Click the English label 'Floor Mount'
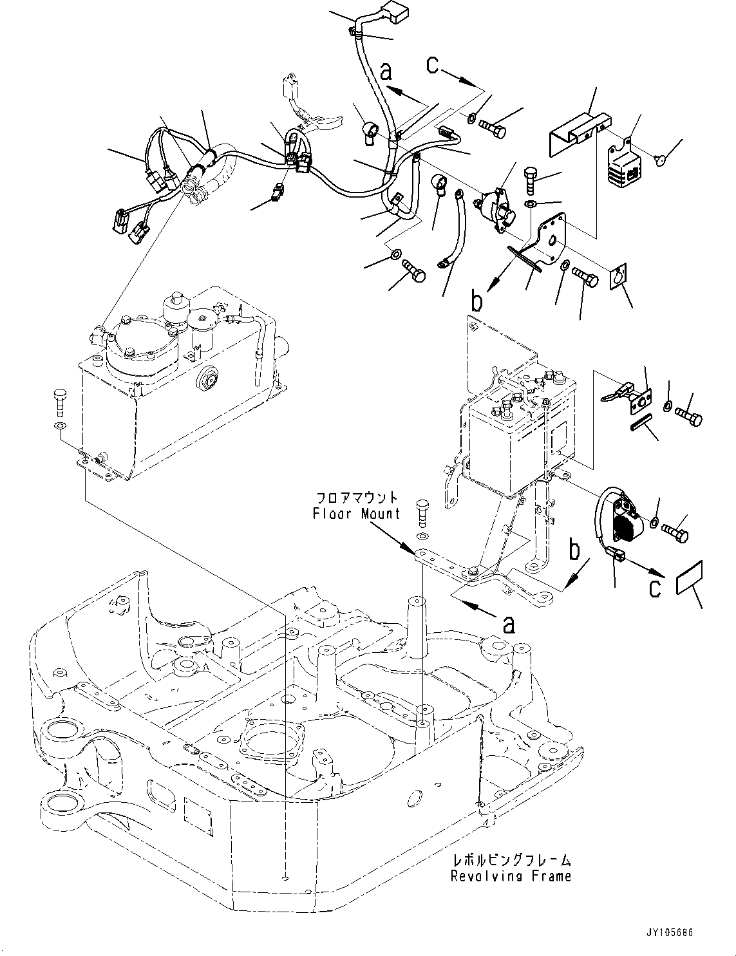click(x=356, y=513)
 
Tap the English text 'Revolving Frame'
click(x=510, y=876)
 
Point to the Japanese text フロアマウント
click(x=356, y=498)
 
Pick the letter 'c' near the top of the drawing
click(x=433, y=64)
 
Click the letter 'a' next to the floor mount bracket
click(x=509, y=623)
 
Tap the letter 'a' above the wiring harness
click(x=386, y=71)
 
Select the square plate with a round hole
click(x=619, y=278)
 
